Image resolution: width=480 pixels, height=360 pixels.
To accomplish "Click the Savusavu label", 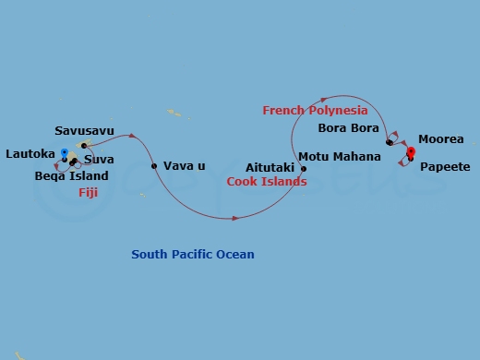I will point(84,132).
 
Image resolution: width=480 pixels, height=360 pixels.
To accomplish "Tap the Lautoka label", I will point(28,153).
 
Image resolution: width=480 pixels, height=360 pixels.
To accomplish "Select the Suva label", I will point(99,161).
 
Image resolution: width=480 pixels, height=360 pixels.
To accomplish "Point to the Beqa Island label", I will point(71,175).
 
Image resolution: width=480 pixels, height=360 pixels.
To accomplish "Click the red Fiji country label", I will point(87,192).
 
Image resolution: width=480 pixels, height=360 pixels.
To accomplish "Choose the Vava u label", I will point(184,166).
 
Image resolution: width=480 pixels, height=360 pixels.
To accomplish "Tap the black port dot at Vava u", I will point(154,166).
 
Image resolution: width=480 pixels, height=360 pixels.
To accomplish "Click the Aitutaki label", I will point(270,169).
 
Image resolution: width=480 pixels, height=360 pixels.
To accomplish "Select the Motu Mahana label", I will point(340,157).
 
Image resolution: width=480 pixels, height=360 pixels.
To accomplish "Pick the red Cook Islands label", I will point(267,182).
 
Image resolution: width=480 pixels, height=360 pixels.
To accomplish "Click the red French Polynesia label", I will point(315,111).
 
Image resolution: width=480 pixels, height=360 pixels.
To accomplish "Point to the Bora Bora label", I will point(348,128).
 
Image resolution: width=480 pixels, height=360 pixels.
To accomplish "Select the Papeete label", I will point(445,167).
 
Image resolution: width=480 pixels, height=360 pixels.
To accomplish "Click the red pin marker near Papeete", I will point(411,152).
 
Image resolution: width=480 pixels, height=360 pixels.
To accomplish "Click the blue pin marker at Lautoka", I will point(64,152).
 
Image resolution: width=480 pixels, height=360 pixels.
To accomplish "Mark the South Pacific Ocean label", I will point(193,255).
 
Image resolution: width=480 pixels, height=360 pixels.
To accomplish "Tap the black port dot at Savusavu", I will point(84,145).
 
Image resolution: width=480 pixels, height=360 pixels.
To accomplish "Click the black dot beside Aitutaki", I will point(304,169).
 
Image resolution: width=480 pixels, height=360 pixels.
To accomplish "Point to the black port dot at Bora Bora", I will point(390,142).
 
